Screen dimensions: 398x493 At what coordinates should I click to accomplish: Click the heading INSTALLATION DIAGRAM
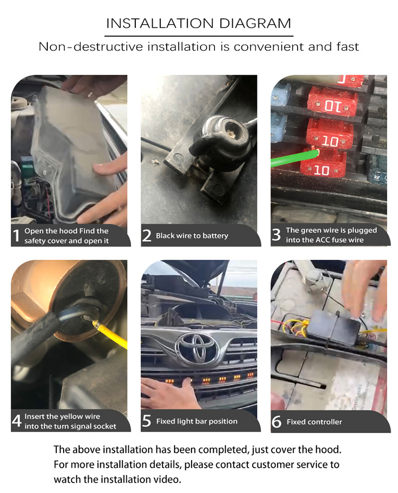coord(198,23)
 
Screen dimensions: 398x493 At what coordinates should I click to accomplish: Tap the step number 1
coord(16,235)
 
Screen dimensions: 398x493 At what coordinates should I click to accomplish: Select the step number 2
coord(146,235)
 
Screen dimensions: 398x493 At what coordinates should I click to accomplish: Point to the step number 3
coord(276,234)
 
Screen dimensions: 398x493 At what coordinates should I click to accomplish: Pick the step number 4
coord(16,421)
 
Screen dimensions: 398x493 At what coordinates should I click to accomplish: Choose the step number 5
coord(146,421)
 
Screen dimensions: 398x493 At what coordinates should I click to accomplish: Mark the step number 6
coord(276,421)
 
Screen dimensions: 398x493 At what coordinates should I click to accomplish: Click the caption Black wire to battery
coord(192,235)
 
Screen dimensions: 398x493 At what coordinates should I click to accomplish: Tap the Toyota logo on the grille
coord(197,348)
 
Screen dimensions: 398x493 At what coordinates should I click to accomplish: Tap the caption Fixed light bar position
coord(197,421)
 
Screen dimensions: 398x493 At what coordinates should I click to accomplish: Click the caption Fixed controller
coord(314,422)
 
